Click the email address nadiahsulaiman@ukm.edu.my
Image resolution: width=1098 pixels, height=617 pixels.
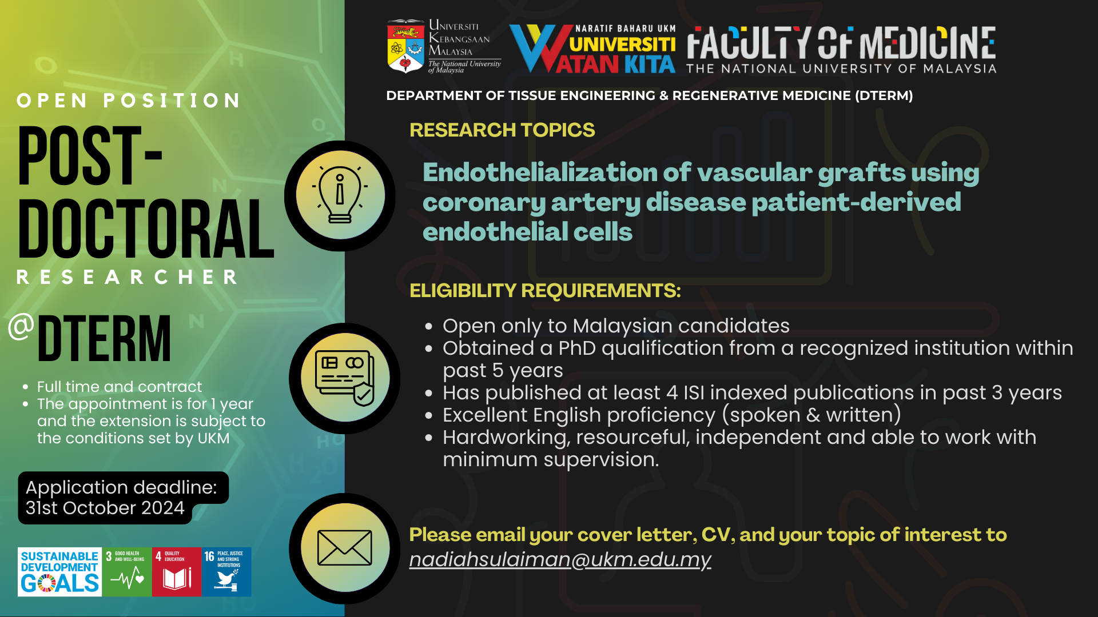[x=560, y=560]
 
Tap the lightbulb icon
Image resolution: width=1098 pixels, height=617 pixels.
[x=340, y=195]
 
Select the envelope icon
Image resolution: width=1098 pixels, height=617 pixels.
[x=344, y=547]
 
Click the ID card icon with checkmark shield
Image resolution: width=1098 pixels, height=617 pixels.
[x=344, y=378]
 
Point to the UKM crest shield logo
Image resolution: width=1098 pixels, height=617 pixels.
[x=405, y=47]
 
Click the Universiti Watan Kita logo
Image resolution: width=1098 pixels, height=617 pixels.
[x=592, y=49]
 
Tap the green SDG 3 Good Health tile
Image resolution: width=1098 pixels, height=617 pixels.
[x=127, y=572]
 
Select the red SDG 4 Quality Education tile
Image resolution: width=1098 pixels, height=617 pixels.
[x=177, y=572]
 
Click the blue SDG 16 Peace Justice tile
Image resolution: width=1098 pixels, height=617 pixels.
[x=226, y=572]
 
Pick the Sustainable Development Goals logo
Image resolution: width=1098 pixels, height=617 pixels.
[x=60, y=572]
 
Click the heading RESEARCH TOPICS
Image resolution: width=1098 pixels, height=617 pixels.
[x=502, y=130]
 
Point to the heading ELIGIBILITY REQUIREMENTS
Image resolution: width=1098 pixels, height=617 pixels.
[x=545, y=291]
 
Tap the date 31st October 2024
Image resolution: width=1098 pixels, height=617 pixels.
[x=105, y=508]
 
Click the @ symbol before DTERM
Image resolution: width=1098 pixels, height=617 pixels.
[x=21, y=327]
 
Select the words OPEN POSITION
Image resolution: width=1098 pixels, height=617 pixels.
[x=129, y=101]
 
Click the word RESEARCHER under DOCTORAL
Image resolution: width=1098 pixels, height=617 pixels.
[x=127, y=277]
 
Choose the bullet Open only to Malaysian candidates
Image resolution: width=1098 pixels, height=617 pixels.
[x=616, y=326]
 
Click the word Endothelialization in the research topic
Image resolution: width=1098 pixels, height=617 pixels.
[x=539, y=172]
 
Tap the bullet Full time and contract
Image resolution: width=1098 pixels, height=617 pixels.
[x=120, y=387]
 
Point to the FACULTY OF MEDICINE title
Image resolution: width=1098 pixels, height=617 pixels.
[x=841, y=43]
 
